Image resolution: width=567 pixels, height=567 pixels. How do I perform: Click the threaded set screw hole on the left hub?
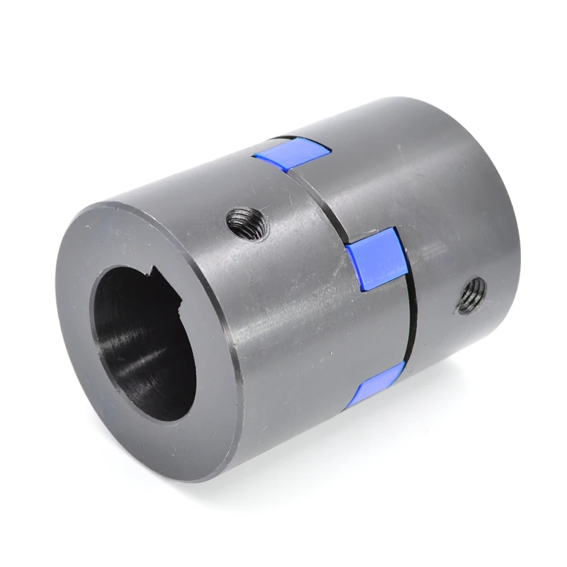(x=247, y=225)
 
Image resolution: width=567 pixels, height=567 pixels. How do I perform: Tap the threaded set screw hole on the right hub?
(x=471, y=295)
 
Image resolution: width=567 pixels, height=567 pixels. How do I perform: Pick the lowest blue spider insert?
(x=376, y=386)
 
